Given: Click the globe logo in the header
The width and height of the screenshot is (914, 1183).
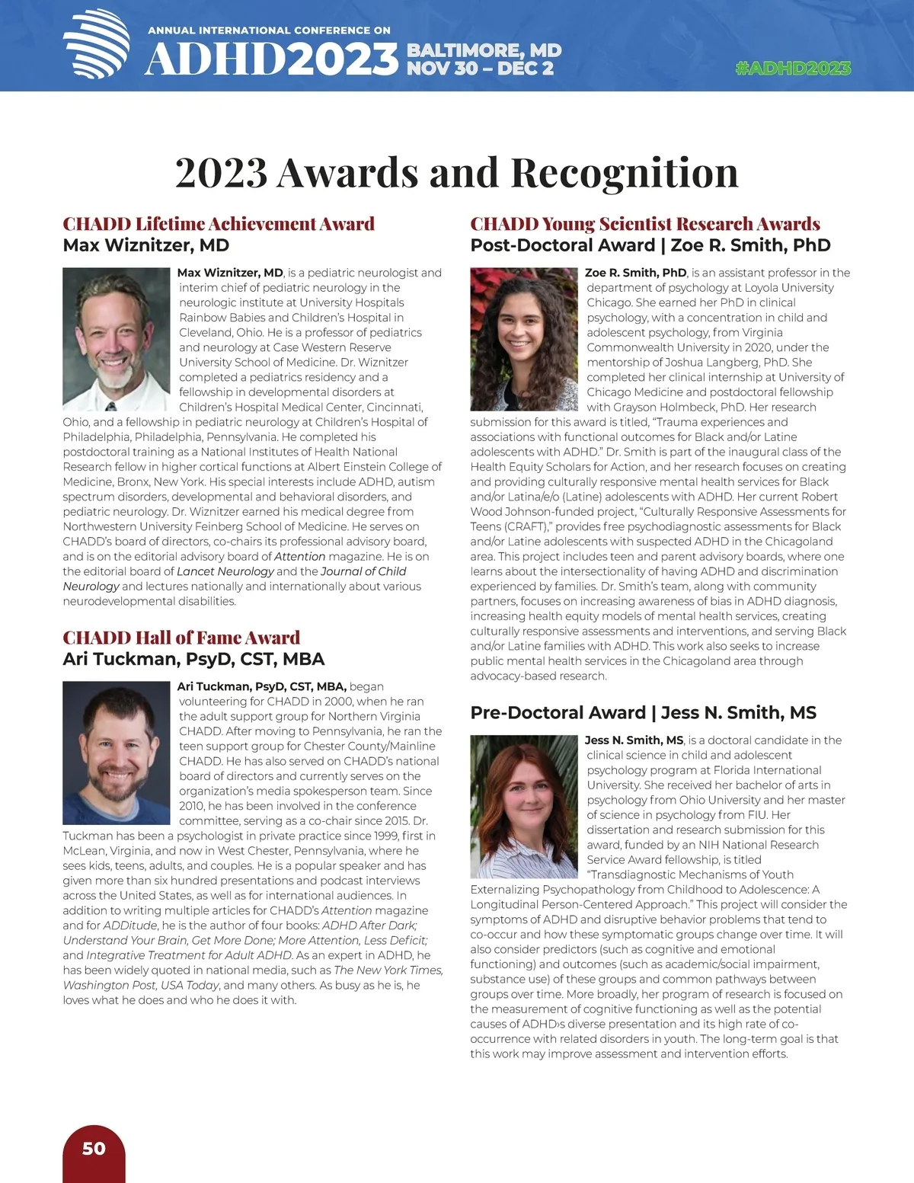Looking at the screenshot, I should click(x=97, y=44).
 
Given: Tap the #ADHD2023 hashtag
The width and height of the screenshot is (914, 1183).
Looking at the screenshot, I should click(x=793, y=69).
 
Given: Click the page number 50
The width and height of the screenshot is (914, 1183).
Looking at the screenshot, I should click(x=94, y=1149).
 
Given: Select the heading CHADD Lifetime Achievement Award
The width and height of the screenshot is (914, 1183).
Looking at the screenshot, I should click(x=219, y=224).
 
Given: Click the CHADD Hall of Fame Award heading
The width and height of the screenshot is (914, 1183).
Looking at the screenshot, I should click(x=181, y=638).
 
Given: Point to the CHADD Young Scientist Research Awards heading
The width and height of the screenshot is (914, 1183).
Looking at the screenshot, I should click(x=645, y=224).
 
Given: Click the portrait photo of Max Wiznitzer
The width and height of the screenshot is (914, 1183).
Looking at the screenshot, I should click(x=117, y=339).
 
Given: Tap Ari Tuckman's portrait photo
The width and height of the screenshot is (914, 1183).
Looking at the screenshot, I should click(x=117, y=753).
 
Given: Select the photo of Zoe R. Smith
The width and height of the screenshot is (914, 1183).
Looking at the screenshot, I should click(x=524, y=339).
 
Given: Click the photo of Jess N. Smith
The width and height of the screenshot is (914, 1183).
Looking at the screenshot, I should click(x=524, y=806).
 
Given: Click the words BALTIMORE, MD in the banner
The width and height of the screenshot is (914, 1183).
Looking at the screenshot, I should click(x=484, y=51).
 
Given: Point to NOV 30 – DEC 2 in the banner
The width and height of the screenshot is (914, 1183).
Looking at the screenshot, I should click(x=480, y=69).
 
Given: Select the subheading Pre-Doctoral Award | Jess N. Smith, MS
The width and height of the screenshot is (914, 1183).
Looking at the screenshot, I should click(x=643, y=713).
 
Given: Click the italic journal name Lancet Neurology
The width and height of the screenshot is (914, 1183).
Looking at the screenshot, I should click(x=225, y=571).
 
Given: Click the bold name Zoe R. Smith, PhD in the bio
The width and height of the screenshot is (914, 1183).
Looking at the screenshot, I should click(x=635, y=273).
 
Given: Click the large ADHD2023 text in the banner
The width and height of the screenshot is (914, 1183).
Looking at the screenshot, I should click(x=272, y=59).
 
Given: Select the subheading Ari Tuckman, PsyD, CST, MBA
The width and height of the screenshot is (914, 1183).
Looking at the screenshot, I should click(x=193, y=659).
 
